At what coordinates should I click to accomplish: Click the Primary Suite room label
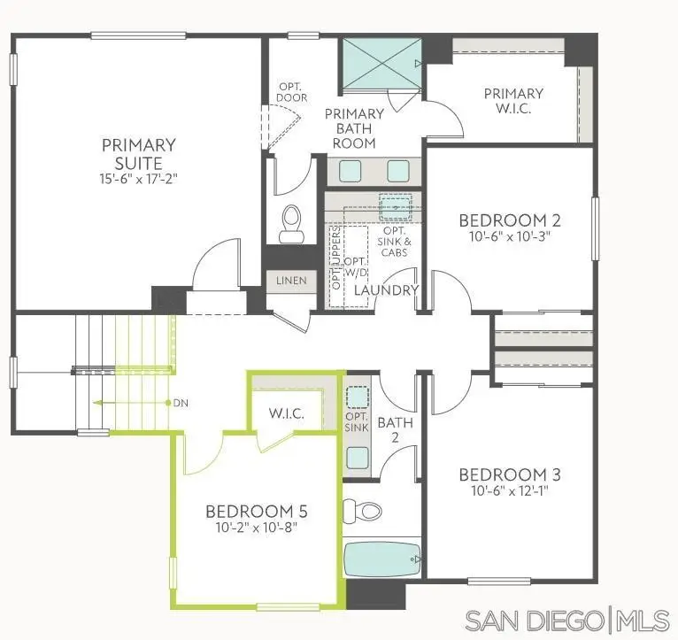138,153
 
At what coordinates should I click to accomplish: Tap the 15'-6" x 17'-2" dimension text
138,178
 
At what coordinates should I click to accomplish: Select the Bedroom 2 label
509,220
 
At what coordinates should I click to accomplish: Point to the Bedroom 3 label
509,474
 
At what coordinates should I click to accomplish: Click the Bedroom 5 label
256,511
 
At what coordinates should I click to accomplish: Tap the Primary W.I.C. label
513,102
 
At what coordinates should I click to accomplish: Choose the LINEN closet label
290,281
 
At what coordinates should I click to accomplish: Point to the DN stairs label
180,403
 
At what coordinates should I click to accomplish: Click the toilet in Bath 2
361,510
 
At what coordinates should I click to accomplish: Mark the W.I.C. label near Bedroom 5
288,413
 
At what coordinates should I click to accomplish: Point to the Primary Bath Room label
354,128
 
